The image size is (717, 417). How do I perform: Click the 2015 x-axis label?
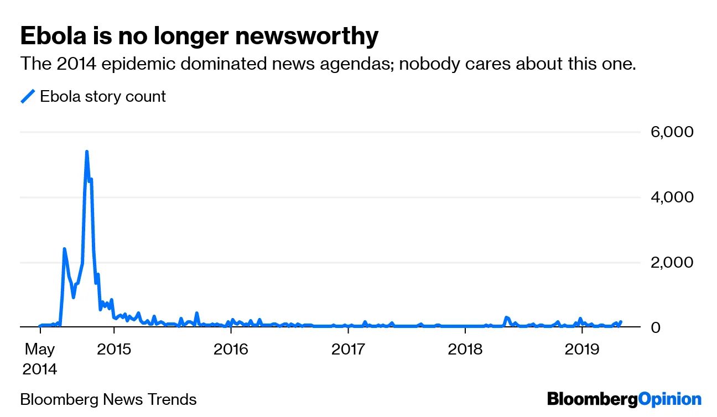[x=113, y=350]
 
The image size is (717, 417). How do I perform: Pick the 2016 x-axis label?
[x=231, y=350]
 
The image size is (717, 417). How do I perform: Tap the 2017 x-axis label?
[x=348, y=350]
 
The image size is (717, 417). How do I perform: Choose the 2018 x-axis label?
[x=465, y=350]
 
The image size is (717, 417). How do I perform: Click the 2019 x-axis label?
[x=582, y=350]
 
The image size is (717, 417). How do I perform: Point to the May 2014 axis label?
[x=40, y=359]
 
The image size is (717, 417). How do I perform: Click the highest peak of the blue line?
[x=87, y=152]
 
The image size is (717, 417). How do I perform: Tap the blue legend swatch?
[x=28, y=96]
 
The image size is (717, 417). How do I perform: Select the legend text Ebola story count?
[x=103, y=96]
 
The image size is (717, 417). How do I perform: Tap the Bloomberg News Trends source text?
[x=108, y=399]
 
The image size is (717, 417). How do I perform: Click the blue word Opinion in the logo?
[x=669, y=399]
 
